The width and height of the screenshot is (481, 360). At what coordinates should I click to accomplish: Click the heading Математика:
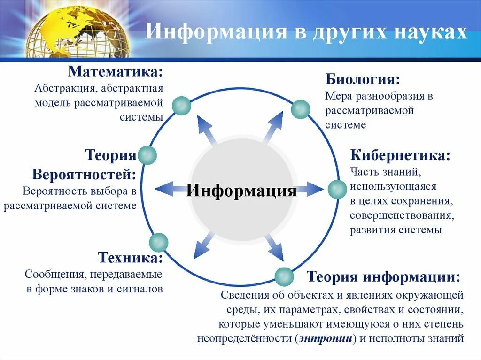coord(116,73)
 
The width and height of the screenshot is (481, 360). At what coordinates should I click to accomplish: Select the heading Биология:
coord(363,78)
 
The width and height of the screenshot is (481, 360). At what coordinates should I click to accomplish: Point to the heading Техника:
coord(131,258)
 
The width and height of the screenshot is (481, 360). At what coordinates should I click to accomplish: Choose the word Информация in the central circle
coord(242,191)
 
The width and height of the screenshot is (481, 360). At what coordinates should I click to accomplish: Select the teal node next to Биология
coord(301,109)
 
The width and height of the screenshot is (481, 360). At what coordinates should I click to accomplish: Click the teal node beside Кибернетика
coord(336,189)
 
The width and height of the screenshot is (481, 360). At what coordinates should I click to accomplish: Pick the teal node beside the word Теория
coord(147,155)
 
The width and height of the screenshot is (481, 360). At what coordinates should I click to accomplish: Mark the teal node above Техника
coord(158,242)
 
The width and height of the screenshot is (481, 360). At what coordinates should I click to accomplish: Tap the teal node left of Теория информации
coord(284,276)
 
